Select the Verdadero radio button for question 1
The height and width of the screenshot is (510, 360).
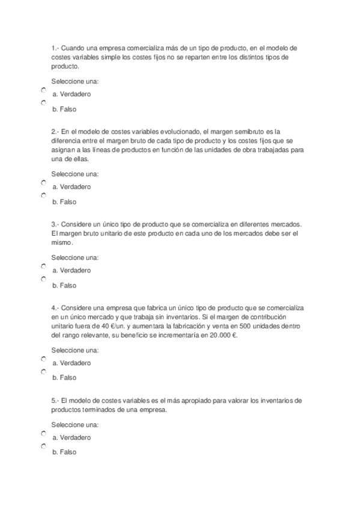click(x=44, y=90)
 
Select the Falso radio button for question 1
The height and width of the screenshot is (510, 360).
click(x=44, y=103)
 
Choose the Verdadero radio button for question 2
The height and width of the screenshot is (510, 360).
click(x=44, y=182)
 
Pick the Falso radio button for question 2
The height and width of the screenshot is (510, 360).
click(x=44, y=195)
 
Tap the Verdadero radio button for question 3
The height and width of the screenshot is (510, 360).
click(x=44, y=266)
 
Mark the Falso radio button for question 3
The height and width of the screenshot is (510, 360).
click(x=44, y=279)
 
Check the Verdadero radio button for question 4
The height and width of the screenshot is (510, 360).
click(x=44, y=358)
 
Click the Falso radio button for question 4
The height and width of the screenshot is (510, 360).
click(x=44, y=372)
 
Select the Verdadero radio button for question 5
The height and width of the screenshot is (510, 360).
click(x=44, y=433)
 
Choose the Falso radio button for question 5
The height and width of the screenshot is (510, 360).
click(x=44, y=446)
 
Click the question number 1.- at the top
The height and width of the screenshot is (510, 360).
click(x=55, y=48)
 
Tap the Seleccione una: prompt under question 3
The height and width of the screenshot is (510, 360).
click(x=75, y=257)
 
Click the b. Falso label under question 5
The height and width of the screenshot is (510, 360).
click(x=64, y=452)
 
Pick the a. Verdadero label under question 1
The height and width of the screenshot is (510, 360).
click(x=72, y=95)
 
